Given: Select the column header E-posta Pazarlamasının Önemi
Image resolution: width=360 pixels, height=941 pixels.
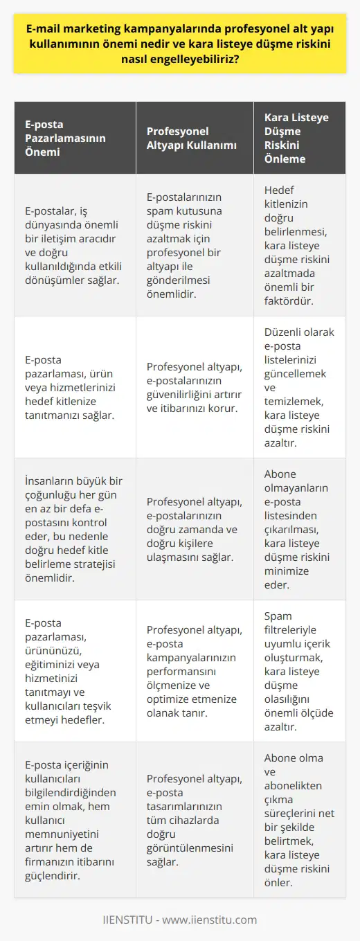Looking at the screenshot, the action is pyautogui.click(x=71, y=138).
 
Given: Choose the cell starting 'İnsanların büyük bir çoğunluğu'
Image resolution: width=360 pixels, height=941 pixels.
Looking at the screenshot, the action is pyautogui.click(x=71, y=528).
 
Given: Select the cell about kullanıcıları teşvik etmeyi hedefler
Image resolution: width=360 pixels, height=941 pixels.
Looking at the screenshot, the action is pyautogui.click(x=71, y=669).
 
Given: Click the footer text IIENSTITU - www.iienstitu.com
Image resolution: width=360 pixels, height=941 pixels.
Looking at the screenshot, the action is pyautogui.click(x=180, y=920).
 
